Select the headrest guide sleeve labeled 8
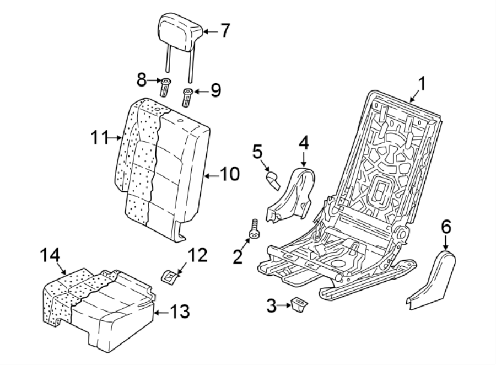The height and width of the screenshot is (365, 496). [165, 87]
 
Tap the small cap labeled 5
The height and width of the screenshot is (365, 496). [272, 179]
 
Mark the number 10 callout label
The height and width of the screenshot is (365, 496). [230, 175]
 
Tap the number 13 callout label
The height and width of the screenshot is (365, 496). [178, 313]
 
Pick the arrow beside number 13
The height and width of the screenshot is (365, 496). [159, 313]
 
